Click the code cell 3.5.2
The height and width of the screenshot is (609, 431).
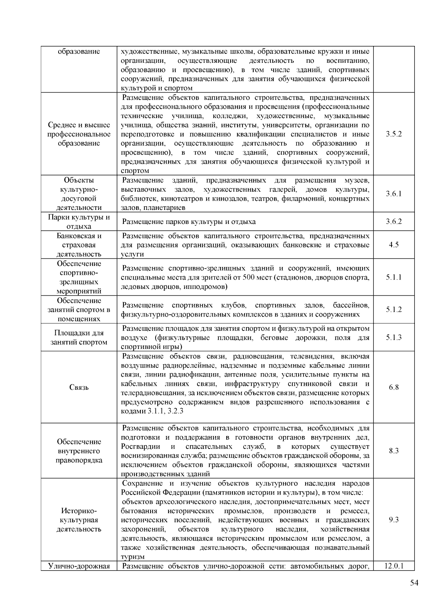394,134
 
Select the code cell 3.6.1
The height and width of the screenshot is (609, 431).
394,194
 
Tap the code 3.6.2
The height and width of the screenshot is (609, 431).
394,221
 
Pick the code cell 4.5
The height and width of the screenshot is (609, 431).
394,245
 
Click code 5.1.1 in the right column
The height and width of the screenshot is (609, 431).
394,277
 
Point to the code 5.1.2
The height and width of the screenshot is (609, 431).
394,310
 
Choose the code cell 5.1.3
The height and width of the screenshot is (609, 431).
394,337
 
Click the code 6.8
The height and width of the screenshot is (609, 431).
394,387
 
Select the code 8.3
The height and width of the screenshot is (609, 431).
394,451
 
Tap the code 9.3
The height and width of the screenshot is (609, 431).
394,520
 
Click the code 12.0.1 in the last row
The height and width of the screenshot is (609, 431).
394,566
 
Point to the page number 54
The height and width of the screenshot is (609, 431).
414,583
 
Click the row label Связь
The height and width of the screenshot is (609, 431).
79,388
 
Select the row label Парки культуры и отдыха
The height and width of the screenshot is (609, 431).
79,222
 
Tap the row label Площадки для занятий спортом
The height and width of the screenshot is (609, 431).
79,338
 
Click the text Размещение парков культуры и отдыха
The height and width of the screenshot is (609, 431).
189,222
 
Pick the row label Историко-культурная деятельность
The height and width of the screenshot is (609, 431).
79,520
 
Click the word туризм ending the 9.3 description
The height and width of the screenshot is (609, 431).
133,557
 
